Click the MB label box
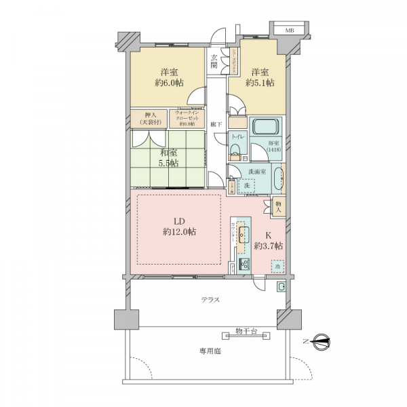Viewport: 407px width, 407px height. (x=289, y=31)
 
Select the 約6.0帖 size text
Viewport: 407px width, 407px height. (x=169, y=83)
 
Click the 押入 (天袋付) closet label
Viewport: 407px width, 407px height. (x=151, y=119)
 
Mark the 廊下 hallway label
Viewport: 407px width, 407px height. (x=214, y=125)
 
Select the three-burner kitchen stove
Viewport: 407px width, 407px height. (x=244, y=265)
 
